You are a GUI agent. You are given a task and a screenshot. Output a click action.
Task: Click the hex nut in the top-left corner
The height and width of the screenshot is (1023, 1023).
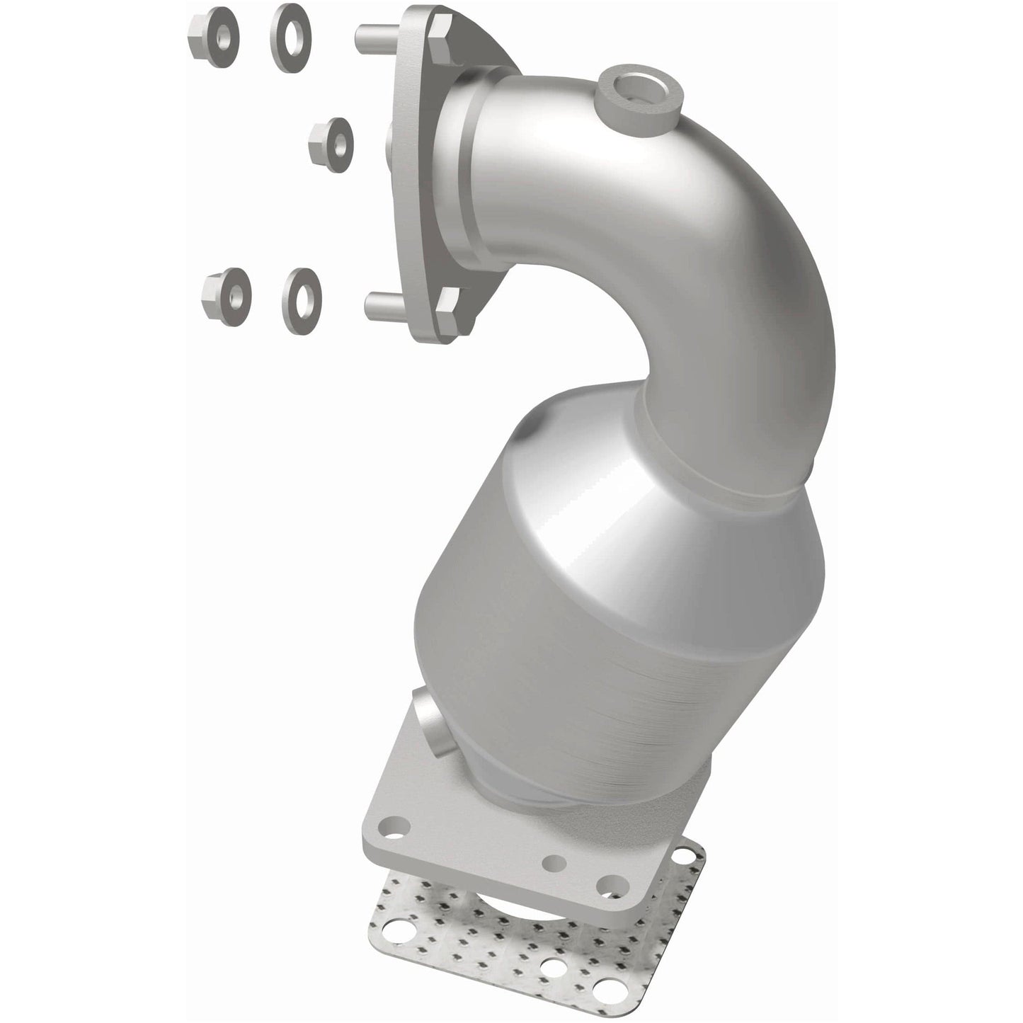tap(213, 31)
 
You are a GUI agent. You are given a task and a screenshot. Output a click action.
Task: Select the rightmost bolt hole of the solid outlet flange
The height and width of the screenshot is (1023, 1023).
tap(607, 884)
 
